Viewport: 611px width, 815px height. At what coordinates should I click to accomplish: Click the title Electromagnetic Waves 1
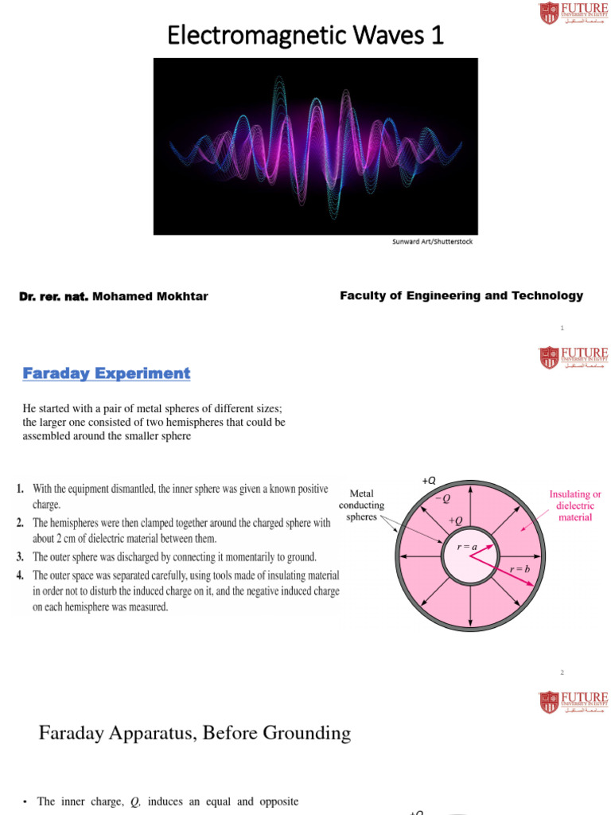pyautogui.click(x=305, y=36)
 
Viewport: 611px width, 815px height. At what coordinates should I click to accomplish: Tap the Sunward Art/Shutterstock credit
pyautogui.click(x=433, y=241)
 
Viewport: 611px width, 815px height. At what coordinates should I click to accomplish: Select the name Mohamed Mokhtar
pyautogui.click(x=150, y=297)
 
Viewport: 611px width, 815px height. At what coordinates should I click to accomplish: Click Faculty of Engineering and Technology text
pyautogui.click(x=461, y=296)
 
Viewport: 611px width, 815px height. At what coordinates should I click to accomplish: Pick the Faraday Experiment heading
pyautogui.click(x=106, y=373)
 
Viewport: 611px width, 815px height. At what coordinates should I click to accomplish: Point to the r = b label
pyautogui.click(x=520, y=569)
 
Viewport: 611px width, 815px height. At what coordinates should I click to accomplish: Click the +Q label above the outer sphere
pyautogui.click(x=429, y=480)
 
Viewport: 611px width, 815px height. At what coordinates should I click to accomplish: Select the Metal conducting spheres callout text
pyautogui.click(x=362, y=505)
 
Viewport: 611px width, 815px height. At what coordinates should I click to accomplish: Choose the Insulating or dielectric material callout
pyautogui.click(x=575, y=505)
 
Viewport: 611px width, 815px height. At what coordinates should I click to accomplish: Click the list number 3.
pyautogui.click(x=19, y=557)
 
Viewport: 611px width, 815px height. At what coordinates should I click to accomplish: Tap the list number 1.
pyautogui.click(x=19, y=489)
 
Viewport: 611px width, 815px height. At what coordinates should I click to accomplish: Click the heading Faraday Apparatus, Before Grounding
pyautogui.click(x=195, y=733)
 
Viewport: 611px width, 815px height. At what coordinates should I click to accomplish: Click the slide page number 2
pyautogui.click(x=562, y=673)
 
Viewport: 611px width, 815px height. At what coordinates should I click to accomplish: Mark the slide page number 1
pyautogui.click(x=562, y=328)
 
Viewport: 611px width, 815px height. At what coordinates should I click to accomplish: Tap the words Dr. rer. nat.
pyautogui.click(x=53, y=297)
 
